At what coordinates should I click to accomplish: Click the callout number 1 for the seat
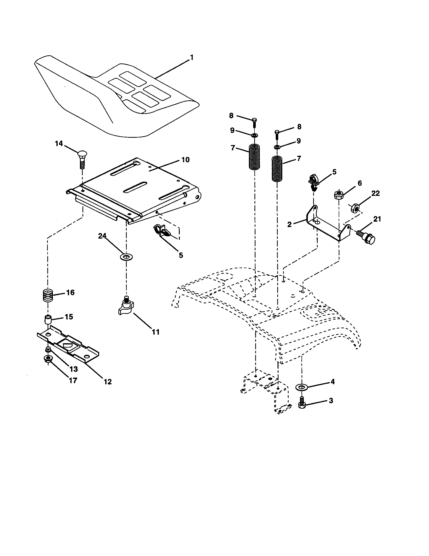tap(191, 58)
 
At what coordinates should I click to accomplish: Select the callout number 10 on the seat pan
tap(185, 160)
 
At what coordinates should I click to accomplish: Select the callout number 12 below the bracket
tap(108, 382)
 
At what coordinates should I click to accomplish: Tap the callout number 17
tap(73, 380)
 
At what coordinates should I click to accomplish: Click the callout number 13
tap(74, 369)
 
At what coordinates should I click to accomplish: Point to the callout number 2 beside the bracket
tap(289, 224)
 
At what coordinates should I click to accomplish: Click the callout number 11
tap(156, 332)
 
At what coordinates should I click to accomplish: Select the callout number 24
tap(102, 236)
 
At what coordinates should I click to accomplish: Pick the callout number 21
tap(377, 219)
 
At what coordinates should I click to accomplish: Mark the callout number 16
tap(70, 292)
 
